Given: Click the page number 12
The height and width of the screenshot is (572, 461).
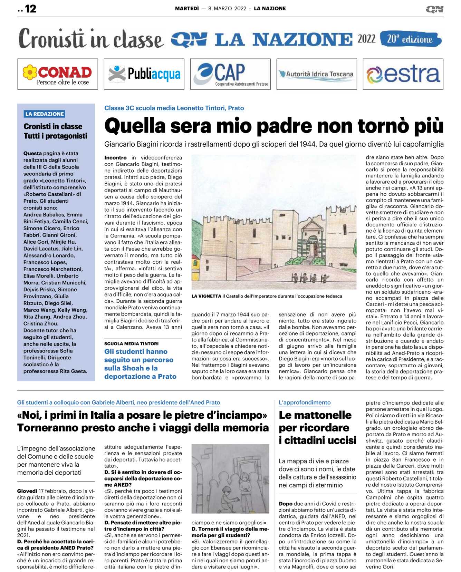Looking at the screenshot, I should [30, 9].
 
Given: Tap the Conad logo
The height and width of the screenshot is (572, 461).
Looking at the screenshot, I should [58, 74].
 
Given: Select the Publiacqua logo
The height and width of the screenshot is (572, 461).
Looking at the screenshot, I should [144, 74].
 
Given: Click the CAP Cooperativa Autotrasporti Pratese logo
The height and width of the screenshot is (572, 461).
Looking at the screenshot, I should [230, 74].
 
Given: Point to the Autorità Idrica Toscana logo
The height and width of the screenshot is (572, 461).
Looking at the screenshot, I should [317, 74].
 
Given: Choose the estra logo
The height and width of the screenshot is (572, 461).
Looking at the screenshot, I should [403, 74].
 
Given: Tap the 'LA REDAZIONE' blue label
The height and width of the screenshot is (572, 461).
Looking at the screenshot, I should [45, 114].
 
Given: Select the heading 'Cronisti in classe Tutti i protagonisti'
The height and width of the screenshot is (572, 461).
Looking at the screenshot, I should [55, 131].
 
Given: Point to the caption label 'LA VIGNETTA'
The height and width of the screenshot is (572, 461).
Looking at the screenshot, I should [206, 296].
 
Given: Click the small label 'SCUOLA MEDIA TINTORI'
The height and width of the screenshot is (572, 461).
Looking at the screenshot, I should [132, 344].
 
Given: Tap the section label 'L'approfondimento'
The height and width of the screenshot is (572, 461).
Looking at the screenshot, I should [305, 403].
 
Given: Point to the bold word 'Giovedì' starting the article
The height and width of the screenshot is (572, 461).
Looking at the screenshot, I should [27, 491].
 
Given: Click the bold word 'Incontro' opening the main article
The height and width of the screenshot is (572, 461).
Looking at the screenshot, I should [115, 158].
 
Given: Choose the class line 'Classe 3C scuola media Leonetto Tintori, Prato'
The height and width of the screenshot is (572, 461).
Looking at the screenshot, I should [174, 108].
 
